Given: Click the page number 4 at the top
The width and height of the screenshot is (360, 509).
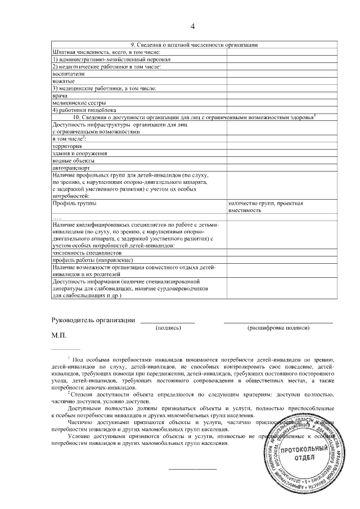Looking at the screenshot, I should (192, 26).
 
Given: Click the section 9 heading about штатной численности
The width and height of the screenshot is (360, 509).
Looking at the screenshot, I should (194, 45).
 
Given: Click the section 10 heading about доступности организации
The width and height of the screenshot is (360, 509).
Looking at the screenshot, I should (194, 117).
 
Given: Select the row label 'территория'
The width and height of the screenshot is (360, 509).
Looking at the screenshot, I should (66, 146).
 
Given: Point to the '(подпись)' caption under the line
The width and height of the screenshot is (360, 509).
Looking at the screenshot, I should (168, 327).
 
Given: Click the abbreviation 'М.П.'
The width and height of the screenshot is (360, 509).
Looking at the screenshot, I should (58, 336).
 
